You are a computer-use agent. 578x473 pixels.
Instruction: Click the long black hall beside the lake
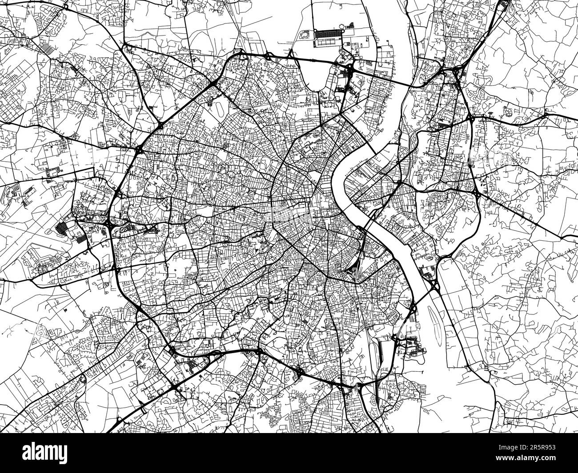[329, 34]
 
